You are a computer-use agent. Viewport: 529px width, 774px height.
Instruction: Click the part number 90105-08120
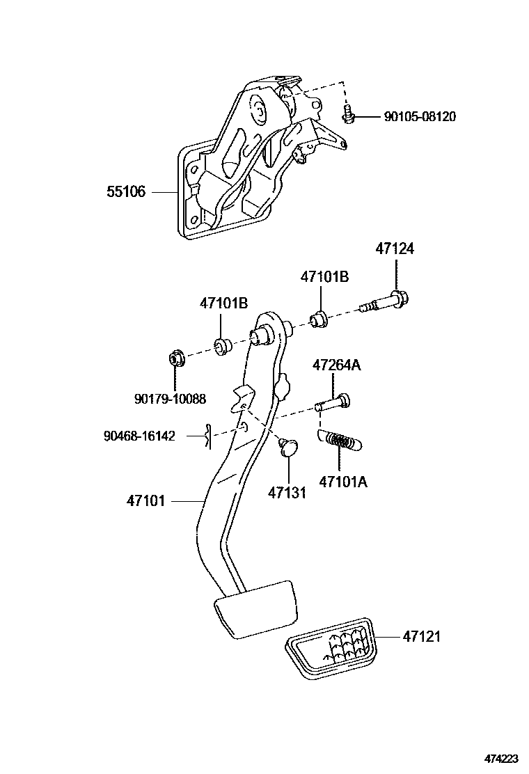pos(420,117)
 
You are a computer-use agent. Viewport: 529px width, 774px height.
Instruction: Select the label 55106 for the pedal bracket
pos(126,191)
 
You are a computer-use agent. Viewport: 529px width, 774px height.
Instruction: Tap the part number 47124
pos(395,248)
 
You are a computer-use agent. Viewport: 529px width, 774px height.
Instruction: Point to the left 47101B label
pos(223,303)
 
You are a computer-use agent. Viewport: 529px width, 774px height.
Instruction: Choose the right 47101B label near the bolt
pos(324,276)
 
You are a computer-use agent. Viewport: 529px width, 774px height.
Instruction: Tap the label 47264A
pos(336,365)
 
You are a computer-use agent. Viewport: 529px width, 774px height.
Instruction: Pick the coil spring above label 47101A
pos(340,441)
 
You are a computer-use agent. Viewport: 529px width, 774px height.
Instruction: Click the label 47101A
pos(342,481)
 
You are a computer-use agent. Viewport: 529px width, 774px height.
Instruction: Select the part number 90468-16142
pos(139,436)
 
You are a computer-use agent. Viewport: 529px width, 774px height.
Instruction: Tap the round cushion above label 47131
pos(287,446)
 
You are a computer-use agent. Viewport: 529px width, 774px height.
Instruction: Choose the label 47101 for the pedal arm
pos(145,500)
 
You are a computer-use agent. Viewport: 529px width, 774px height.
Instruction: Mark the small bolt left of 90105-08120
pos(348,115)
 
